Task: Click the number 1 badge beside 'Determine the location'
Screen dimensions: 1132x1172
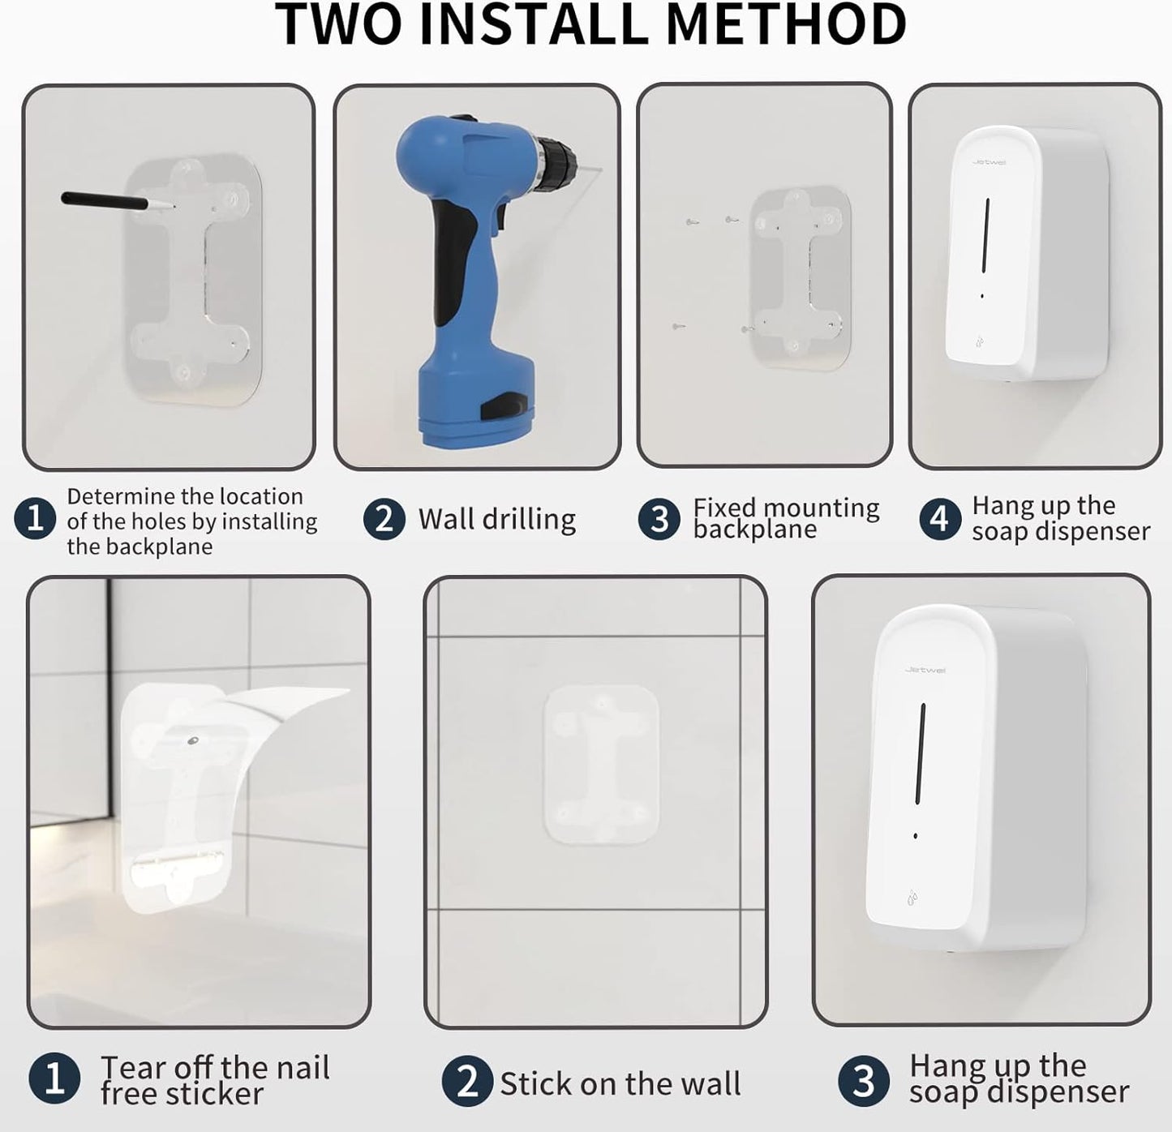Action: [35, 519]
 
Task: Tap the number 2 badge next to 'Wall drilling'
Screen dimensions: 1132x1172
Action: [384, 519]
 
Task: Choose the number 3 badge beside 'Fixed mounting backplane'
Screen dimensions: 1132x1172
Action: [659, 519]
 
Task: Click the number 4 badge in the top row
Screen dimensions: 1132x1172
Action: [939, 518]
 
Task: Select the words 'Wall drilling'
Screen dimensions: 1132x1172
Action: [496, 519]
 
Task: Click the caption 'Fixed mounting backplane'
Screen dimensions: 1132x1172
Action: [785, 518]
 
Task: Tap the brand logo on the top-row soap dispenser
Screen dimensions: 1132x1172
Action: [989, 162]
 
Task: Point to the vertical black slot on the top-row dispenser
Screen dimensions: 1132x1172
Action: [985, 235]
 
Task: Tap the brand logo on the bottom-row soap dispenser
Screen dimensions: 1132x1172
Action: [925, 670]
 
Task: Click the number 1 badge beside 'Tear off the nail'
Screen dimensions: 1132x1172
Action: [54, 1080]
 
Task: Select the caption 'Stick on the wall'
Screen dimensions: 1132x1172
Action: [620, 1083]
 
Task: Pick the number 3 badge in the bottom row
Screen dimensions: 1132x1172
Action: [863, 1081]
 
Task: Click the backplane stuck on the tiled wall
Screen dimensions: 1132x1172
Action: [600, 764]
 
